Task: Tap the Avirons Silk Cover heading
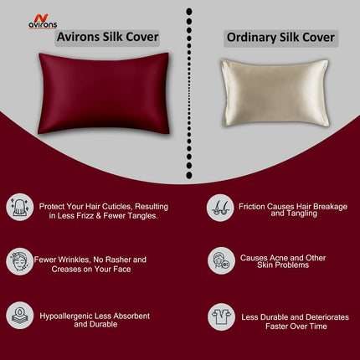point(106,37)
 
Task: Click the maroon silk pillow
point(102,91)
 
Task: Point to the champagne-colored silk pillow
point(273,92)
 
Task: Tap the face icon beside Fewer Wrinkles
point(19,260)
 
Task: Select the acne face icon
point(220,260)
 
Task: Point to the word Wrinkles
point(77,259)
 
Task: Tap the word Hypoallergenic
point(70,316)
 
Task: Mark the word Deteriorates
point(324,316)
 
